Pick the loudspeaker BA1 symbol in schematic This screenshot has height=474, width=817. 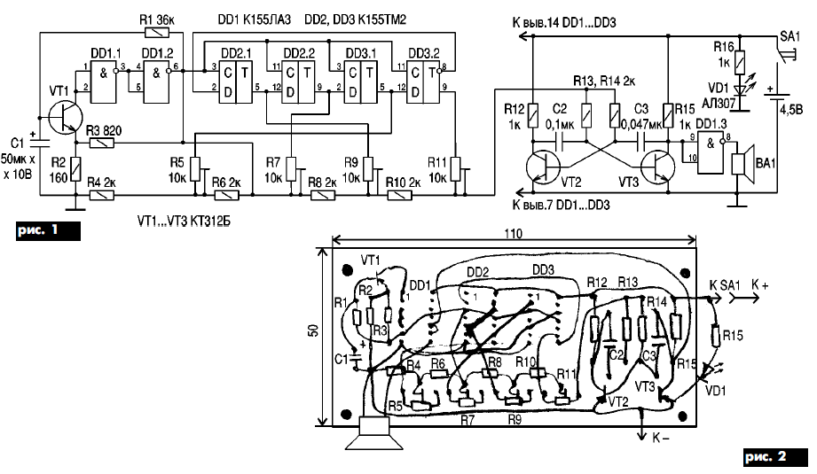coord(739,162)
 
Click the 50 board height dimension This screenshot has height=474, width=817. coord(313,330)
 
